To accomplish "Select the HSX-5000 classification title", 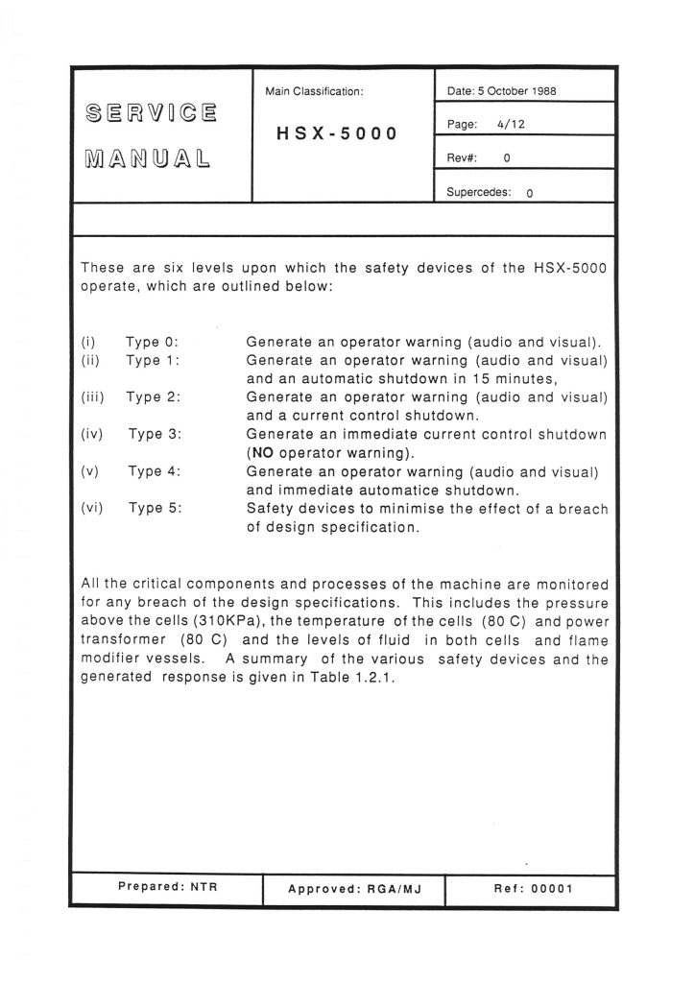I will click(x=336, y=133).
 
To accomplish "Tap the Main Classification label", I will click(x=314, y=91).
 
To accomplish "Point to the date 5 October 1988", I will click(x=503, y=91).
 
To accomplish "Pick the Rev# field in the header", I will click(x=478, y=158).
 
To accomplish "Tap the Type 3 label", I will click(x=156, y=434).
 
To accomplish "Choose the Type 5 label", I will click(x=156, y=508).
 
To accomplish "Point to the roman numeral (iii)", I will click(x=93, y=397).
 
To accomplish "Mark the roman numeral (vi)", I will click(x=93, y=508).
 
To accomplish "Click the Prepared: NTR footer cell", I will click(x=167, y=887).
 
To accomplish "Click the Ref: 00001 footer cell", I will click(x=533, y=888).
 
